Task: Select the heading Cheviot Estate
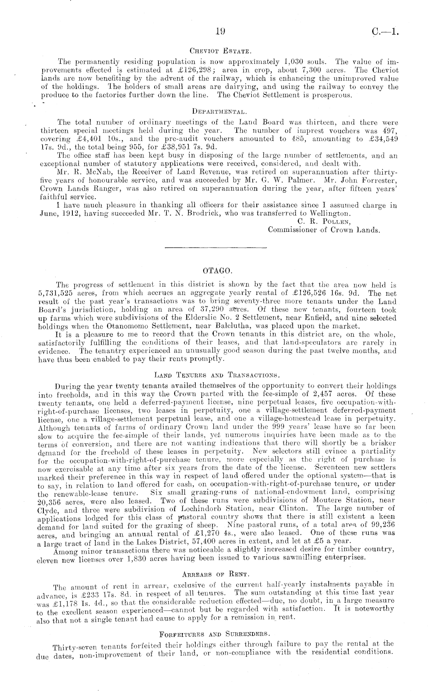tap(218, 51)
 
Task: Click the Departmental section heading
tap(218, 112)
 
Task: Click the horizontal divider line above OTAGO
tap(216, 247)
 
